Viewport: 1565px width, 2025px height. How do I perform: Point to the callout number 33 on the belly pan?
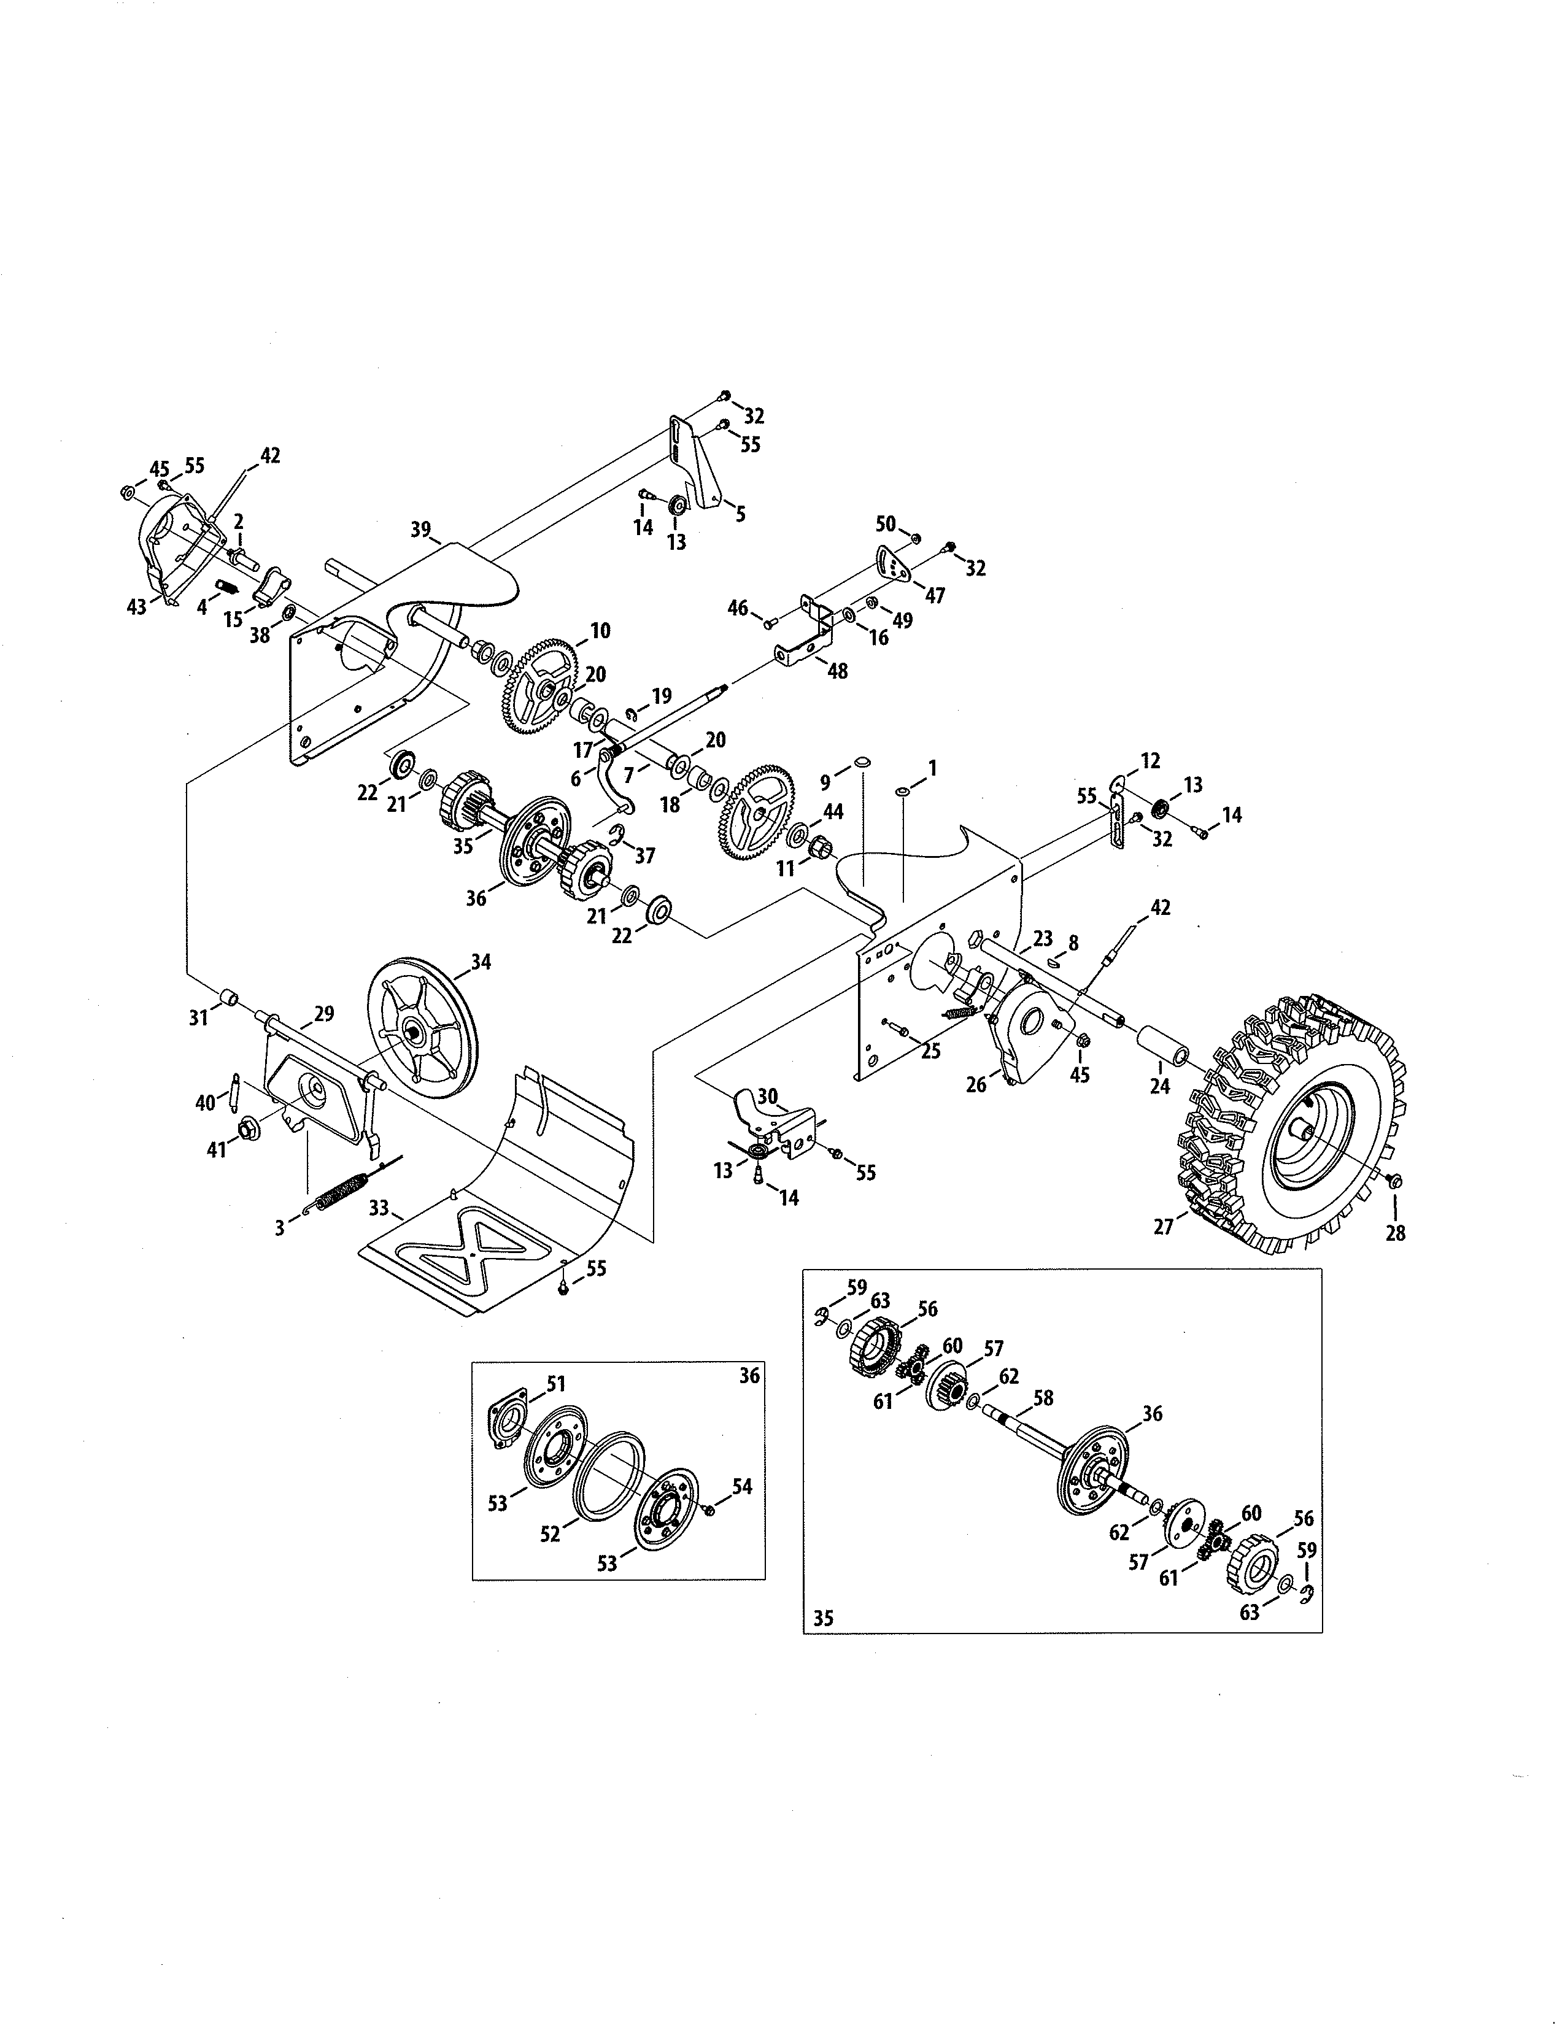point(378,1208)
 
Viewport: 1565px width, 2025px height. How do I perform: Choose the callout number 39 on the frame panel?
point(421,530)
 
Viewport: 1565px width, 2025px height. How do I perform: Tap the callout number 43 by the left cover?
point(136,607)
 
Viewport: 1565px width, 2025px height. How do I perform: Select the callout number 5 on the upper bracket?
point(740,513)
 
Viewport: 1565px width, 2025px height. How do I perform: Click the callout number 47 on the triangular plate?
point(935,595)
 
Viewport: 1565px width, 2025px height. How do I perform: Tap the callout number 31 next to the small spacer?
point(198,1018)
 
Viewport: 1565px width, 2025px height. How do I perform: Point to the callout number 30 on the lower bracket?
point(767,1098)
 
